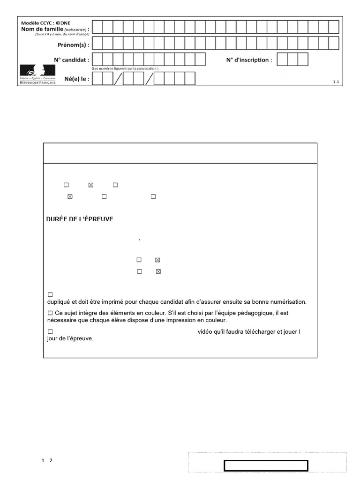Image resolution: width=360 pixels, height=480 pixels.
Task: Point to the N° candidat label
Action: [x=71, y=60]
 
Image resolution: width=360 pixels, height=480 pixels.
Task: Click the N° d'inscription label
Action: [x=249, y=60]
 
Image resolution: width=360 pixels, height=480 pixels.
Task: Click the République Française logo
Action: [x=37, y=75]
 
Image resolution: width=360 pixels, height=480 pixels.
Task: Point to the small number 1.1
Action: [x=336, y=82]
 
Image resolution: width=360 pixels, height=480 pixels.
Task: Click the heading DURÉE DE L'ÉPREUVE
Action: [x=80, y=219]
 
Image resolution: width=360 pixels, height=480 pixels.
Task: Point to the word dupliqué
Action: [x=59, y=301]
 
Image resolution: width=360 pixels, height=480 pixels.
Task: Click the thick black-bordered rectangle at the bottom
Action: [x=266, y=465]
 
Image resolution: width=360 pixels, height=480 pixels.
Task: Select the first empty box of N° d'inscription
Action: [x=282, y=60]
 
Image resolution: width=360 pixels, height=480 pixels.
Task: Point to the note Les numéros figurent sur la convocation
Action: [x=125, y=69]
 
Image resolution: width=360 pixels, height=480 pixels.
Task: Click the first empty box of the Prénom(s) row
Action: [x=97, y=44]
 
